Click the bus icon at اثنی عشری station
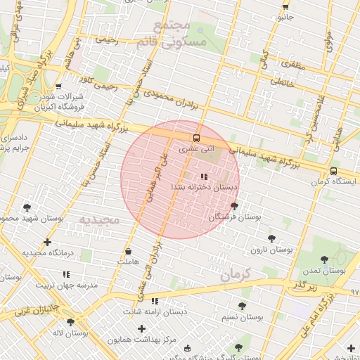pos(196,138)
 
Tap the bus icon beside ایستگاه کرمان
pos(333,171)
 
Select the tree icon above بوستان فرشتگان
pos(234,207)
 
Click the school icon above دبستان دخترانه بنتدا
pos(204,176)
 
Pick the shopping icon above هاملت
pos(128,251)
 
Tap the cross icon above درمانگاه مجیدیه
pos(47,243)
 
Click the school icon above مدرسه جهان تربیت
pos(67,274)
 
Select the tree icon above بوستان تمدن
pos(324,259)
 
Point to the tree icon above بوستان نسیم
pos(242,306)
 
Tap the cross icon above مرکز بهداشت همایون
pos(142,328)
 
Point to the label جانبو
pos(285,18)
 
